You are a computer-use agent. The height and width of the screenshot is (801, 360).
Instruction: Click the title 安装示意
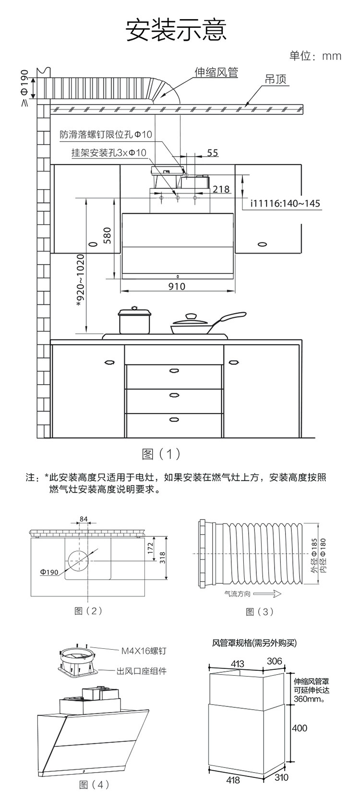pos(176,30)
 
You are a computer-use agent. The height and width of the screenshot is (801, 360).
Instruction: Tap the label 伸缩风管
pos(216,73)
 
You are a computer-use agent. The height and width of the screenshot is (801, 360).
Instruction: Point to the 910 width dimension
pos(177,286)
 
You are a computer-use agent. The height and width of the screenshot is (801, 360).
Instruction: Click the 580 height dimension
pos(107,236)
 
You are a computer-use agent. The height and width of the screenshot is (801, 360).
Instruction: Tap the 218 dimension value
pos(221,189)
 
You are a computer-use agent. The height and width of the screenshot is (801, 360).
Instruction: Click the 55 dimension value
pos(213,153)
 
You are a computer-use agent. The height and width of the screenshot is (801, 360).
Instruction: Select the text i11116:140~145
pos(285,204)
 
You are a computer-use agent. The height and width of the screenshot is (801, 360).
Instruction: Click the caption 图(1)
pos(161,454)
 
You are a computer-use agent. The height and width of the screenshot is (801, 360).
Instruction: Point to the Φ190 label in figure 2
pos(49,572)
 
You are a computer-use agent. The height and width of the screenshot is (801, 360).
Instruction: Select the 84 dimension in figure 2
pos(84,519)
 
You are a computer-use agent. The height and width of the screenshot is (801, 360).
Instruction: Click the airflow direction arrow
pos(270,594)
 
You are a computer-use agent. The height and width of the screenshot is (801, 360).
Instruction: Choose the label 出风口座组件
pos(142,671)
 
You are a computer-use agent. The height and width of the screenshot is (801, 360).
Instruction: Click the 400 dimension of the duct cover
pos(300,728)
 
